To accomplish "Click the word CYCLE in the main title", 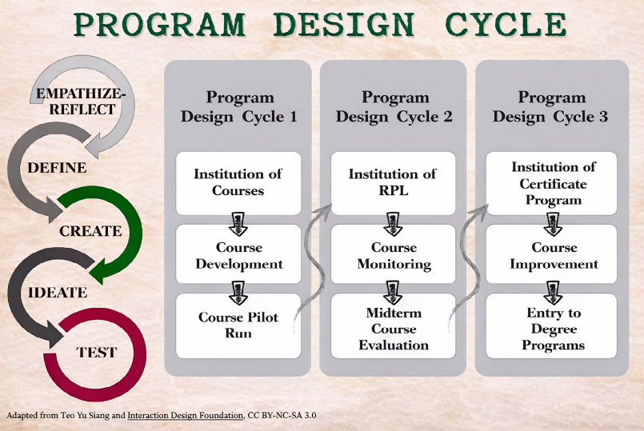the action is (x=506, y=24).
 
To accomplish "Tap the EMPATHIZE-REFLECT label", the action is (x=81, y=102).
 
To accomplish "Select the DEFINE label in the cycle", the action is (x=57, y=167).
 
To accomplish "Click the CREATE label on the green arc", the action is (x=90, y=230).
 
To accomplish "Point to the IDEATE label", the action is (x=58, y=292).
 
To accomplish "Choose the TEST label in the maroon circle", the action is (x=97, y=352).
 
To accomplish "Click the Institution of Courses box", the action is (x=238, y=183).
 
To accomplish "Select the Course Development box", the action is (x=238, y=254).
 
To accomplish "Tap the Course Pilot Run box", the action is (x=238, y=325).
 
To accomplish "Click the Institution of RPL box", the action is (x=393, y=183).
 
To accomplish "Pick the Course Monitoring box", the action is (x=393, y=254).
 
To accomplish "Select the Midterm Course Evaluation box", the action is (x=393, y=325).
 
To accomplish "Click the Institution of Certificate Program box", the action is (x=551, y=183).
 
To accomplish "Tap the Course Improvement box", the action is (x=551, y=254).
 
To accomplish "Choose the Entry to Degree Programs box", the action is (x=551, y=325).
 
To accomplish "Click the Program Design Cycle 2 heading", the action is (x=394, y=106).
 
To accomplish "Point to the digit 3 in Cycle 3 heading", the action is (x=603, y=117).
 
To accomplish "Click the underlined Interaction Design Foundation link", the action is (x=186, y=415).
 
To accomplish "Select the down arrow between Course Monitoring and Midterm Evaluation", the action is (x=393, y=293).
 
